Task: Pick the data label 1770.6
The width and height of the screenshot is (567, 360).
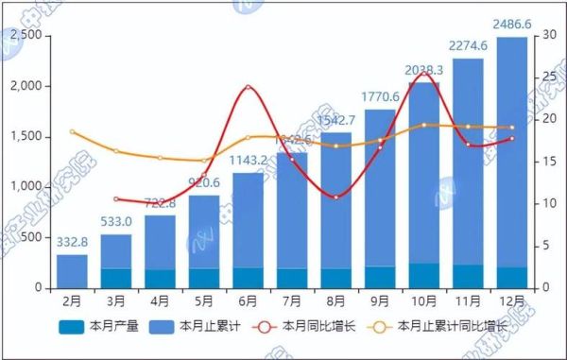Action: point(380,97)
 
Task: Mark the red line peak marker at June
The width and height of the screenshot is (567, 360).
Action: point(248,88)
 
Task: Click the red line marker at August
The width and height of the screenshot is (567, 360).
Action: point(335,197)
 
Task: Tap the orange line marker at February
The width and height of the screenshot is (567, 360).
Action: point(72,131)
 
